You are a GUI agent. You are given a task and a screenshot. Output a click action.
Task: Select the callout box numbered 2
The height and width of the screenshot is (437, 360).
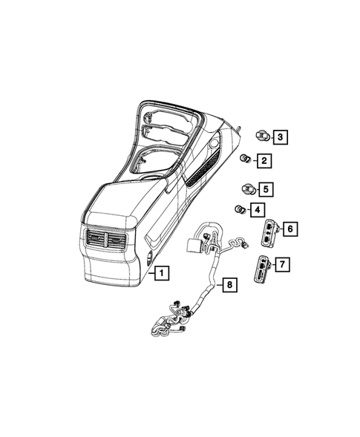264,160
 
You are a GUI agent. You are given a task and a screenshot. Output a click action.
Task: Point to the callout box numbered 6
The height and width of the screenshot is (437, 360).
290,229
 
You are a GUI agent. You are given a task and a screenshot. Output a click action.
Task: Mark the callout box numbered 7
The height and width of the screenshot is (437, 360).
282,263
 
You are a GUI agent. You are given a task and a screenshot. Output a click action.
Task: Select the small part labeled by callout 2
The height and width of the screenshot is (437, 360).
243,160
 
